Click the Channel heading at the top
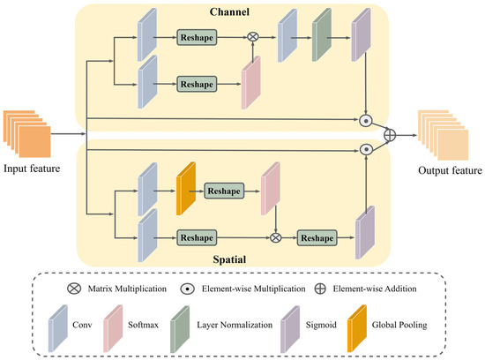[229, 11]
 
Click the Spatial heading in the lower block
[229, 259]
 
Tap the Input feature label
[32, 169]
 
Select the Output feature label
[450, 170]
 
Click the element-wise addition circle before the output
[390, 135]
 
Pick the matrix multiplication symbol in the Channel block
[253, 37]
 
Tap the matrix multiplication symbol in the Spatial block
[275, 237]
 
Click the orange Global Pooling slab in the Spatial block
[186, 188]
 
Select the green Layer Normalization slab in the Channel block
[322, 34]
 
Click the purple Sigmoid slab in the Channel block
[361, 34]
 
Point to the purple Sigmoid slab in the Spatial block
[365, 232]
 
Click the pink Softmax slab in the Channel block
[250, 83]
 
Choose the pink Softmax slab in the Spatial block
[271, 188]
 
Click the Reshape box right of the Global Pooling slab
[224, 191]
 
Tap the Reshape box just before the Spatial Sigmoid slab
[317, 237]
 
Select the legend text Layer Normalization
[235, 325]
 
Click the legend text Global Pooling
[399, 325]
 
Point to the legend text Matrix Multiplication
[127, 289]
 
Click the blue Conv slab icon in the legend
[58, 329]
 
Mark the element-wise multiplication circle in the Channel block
[366, 121]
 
